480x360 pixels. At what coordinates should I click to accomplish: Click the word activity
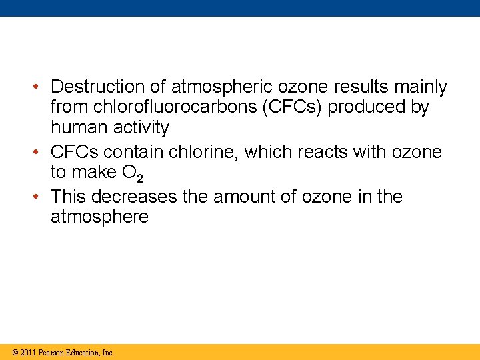click(142, 127)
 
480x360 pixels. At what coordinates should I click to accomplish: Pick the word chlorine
click(204, 152)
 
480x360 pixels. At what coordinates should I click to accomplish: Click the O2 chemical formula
click(132, 173)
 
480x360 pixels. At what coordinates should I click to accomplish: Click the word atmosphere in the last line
click(99, 217)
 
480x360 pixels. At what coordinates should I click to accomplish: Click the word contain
click(136, 152)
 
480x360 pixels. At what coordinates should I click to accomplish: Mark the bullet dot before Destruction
click(39, 87)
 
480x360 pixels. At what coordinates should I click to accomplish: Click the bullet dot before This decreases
click(39, 197)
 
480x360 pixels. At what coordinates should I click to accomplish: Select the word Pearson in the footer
click(51, 352)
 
